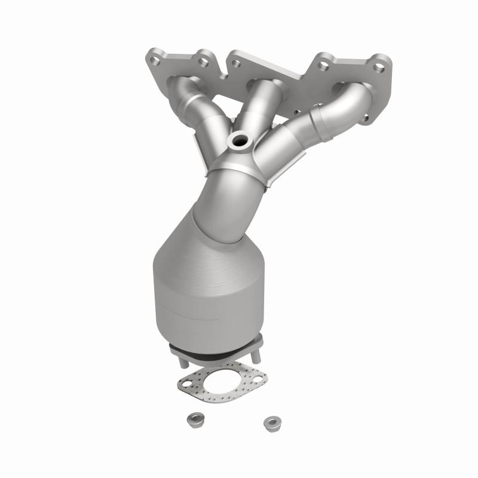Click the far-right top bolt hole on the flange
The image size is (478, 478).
coord(378,68)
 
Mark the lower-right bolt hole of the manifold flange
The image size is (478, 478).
coord(365,120)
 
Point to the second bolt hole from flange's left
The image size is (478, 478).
coord(203,61)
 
